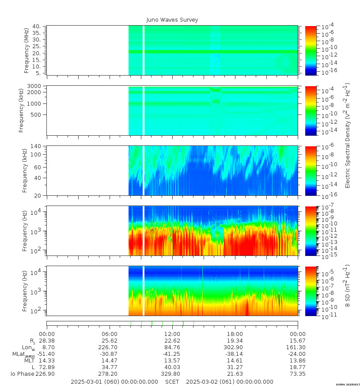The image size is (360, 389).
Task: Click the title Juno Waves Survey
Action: (x=172, y=20)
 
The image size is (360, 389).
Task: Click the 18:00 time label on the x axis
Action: (x=235, y=334)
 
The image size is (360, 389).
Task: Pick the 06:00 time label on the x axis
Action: (x=110, y=334)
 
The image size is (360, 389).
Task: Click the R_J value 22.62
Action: (x=172, y=341)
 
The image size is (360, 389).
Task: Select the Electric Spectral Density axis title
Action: (x=348, y=135)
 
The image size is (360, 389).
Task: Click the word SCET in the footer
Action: (x=172, y=381)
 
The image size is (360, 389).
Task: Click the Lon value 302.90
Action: (x=235, y=347)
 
